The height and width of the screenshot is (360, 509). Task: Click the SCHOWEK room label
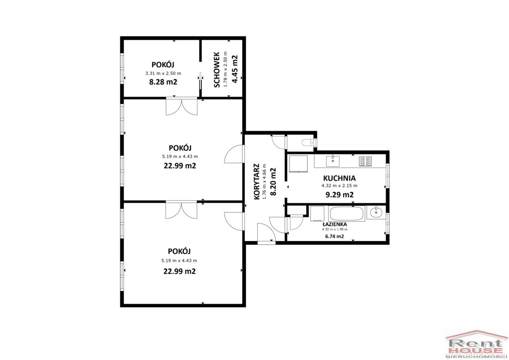click(x=217, y=70)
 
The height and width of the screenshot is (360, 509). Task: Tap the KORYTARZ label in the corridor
click(x=257, y=181)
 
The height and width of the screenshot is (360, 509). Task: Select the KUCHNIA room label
click(x=339, y=178)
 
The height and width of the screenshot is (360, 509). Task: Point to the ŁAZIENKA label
click(x=335, y=224)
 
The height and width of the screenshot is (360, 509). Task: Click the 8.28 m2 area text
click(x=163, y=82)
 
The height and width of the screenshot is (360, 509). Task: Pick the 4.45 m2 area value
click(x=235, y=70)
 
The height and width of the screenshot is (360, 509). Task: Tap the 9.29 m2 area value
click(x=339, y=195)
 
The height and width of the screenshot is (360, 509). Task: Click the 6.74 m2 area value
click(x=335, y=236)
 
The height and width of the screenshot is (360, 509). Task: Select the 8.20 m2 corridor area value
click(x=273, y=181)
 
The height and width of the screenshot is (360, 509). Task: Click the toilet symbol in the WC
click(x=308, y=142)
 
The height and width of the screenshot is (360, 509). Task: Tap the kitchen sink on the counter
click(x=333, y=161)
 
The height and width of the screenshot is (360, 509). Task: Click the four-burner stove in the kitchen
click(x=365, y=161)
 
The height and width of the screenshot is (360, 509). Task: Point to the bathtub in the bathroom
click(x=346, y=214)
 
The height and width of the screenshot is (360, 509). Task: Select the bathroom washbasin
click(x=376, y=213)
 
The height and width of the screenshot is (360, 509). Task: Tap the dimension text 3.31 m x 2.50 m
click(x=163, y=74)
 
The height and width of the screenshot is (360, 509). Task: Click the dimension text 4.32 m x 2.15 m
click(x=339, y=185)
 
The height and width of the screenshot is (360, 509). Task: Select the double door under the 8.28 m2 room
click(x=181, y=106)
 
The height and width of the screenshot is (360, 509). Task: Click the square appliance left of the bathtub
click(x=317, y=214)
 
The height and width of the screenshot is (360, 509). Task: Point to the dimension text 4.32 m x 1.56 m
click(x=335, y=229)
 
